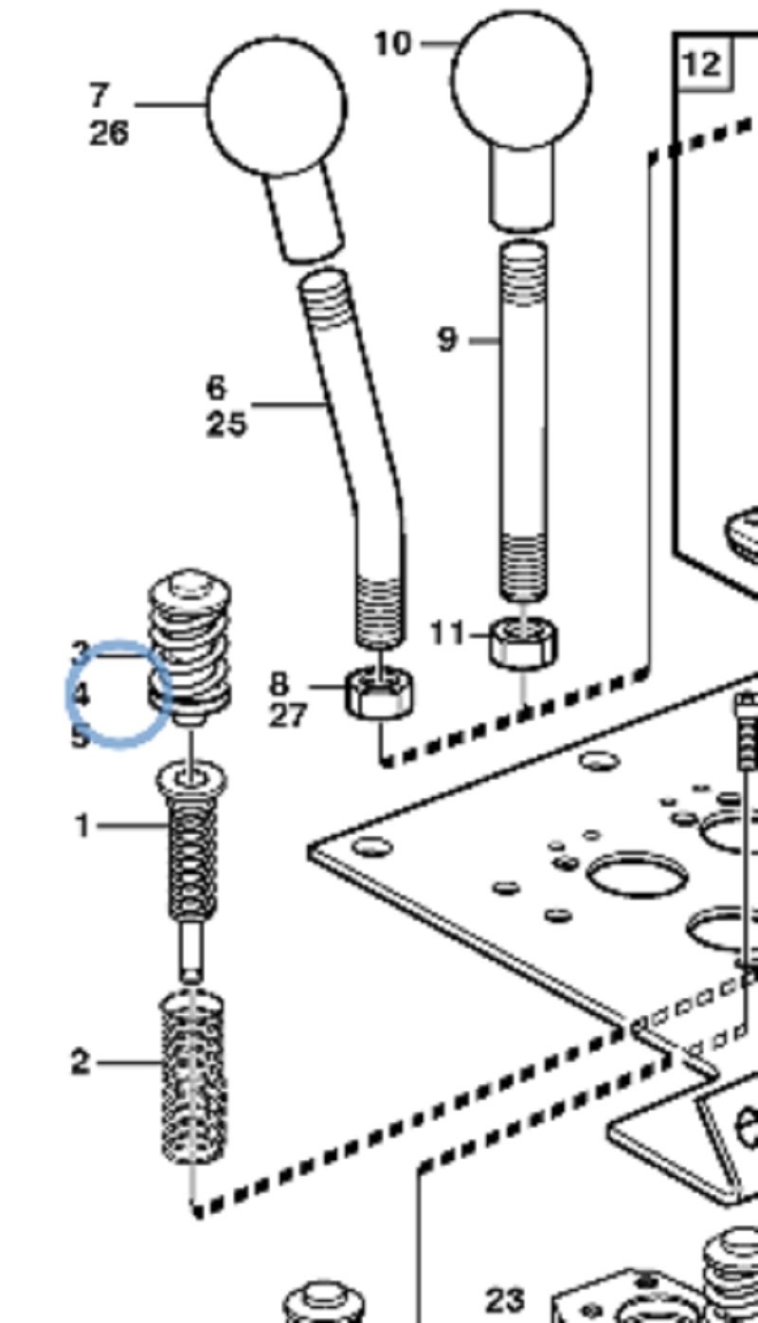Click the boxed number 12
pyautogui.click(x=702, y=63)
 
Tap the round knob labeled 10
pyautogui.click(x=521, y=80)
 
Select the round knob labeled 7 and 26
pyautogui.click(x=276, y=105)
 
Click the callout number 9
pyautogui.click(x=447, y=339)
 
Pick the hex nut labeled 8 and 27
pyautogui.click(x=378, y=694)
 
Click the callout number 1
pyautogui.click(x=83, y=826)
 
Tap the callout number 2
pyautogui.click(x=81, y=1062)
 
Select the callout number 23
pyautogui.click(x=505, y=1299)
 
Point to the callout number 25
pyautogui.click(x=226, y=424)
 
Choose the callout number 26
pyautogui.click(x=109, y=133)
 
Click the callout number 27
pyautogui.click(x=288, y=716)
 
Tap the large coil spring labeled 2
pyautogui.click(x=193, y=1076)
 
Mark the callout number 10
pyautogui.click(x=394, y=44)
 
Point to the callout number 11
pyautogui.click(x=448, y=632)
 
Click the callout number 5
pyautogui.click(x=81, y=735)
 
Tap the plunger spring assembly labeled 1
pyautogui.click(x=192, y=853)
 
